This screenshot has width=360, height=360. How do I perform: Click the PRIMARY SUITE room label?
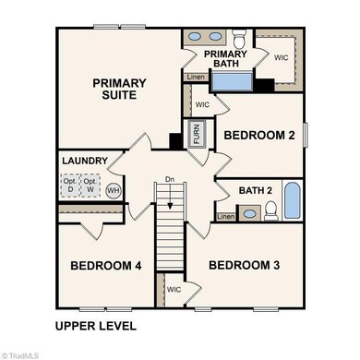pyautogui.click(x=119, y=90)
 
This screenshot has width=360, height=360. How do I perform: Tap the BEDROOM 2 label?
pyautogui.click(x=260, y=136)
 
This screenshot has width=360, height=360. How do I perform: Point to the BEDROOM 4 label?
pyautogui.click(x=105, y=266)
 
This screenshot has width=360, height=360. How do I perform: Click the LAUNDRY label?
pyautogui.click(x=85, y=161)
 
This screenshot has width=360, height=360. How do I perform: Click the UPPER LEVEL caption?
pyautogui.click(x=95, y=326)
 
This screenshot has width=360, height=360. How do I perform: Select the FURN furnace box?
pyautogui.click(x=196, y=135)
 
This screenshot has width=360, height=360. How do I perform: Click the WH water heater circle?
pyautogui.click(x=114, y=191)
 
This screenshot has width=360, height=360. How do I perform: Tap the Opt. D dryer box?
pyautogui.click(x=68, y=186)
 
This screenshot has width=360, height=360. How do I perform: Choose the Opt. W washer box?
pyautogui.click(x=89, y=186)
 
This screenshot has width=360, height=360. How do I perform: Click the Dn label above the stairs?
pyautogui.click(x=168, y=179)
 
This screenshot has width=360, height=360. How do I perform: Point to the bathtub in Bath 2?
pyautogui.click(x=292, y=200)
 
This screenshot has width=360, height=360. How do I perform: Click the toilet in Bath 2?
pyautogui.click(x=271, y=211)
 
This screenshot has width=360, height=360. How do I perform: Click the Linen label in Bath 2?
pyautogui.click(x=226, y=217)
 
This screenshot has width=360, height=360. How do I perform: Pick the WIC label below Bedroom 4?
pyautogui.click(x=174, y=289)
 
